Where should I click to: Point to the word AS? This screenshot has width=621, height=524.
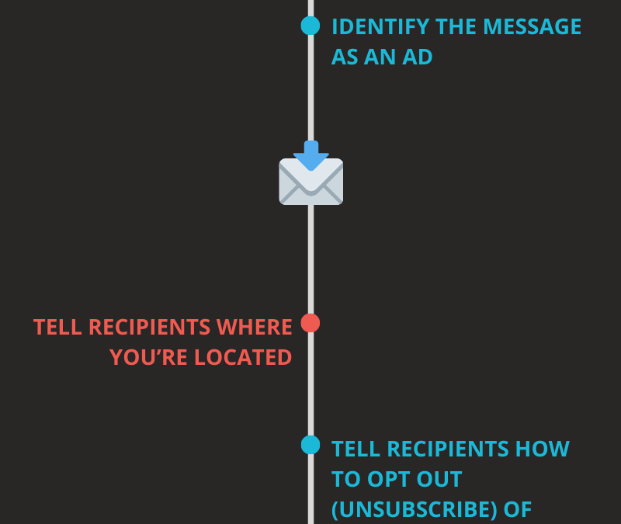click(346, 57)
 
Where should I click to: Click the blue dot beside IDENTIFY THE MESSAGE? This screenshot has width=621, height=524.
click(310, 26)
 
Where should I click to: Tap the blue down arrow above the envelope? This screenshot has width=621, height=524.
click(311, 153)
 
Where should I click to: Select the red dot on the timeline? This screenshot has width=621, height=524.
click(310, 323)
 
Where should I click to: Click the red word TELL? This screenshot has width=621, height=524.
click(58, 327)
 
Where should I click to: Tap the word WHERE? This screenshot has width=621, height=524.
click(254, 327)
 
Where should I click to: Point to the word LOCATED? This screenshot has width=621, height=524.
click(243, 357)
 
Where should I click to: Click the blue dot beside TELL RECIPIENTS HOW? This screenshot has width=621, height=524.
click(310, 445)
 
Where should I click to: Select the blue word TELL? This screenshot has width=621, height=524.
click(356, 449)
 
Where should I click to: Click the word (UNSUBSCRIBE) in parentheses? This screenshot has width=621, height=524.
click(416, 509)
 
